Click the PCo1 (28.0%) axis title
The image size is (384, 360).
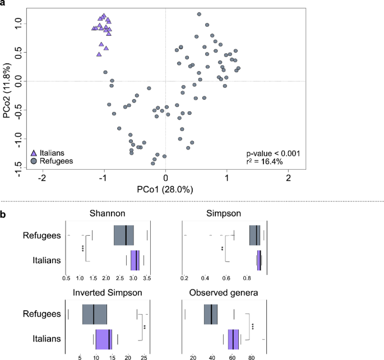click(x=165, y=189)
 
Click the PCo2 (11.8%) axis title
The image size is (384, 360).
click(x=7, y=88)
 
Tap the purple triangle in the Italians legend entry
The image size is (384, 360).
click(x=34, y=152)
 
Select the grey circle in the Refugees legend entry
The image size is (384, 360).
click(x=34, y=161)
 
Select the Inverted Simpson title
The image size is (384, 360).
click(x=107, y=292)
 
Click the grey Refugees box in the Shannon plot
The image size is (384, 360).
click(x=124, y=235)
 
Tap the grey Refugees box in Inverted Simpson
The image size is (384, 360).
click(x=95, y=314)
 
